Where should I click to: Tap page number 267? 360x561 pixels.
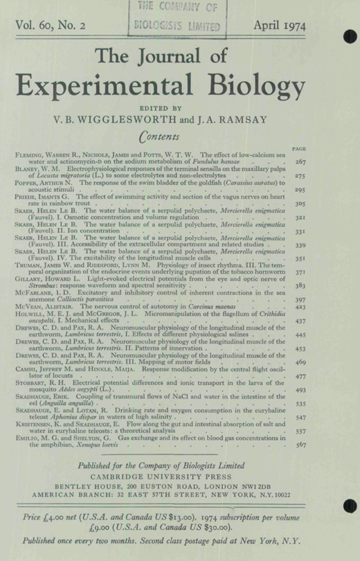(300, 161)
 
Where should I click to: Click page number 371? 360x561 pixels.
(300, 274)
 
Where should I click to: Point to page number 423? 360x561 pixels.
(300, 306)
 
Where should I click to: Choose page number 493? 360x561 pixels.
(300, 390)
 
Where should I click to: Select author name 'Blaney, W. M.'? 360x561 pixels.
(39, 169)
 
